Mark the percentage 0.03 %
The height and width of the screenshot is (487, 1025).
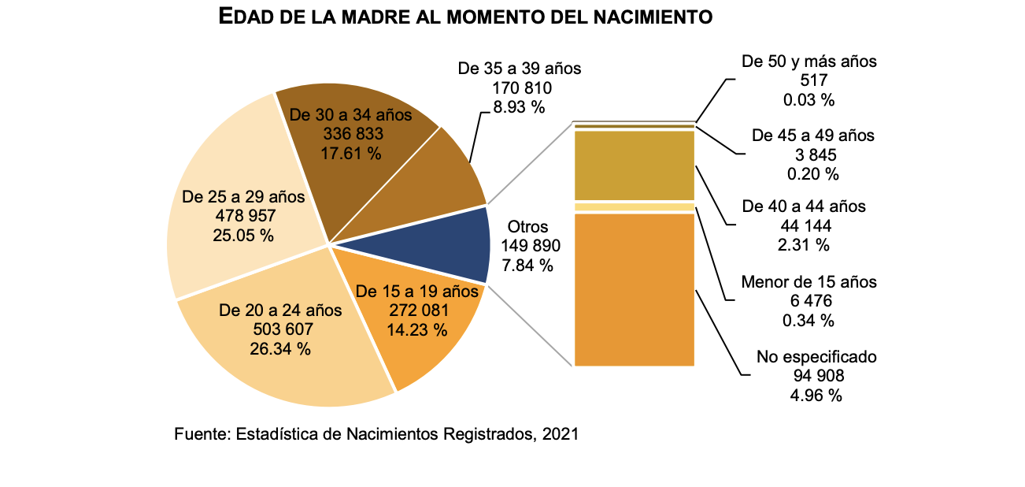click(x=808, y=100)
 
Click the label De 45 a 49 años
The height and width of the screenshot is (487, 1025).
click(x=812, y=136)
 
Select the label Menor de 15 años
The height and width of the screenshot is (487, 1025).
click(x=809, y=281)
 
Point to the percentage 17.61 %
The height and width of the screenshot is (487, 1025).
click(x=350, y=154)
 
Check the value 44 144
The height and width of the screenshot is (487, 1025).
click(x=804, y=226)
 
